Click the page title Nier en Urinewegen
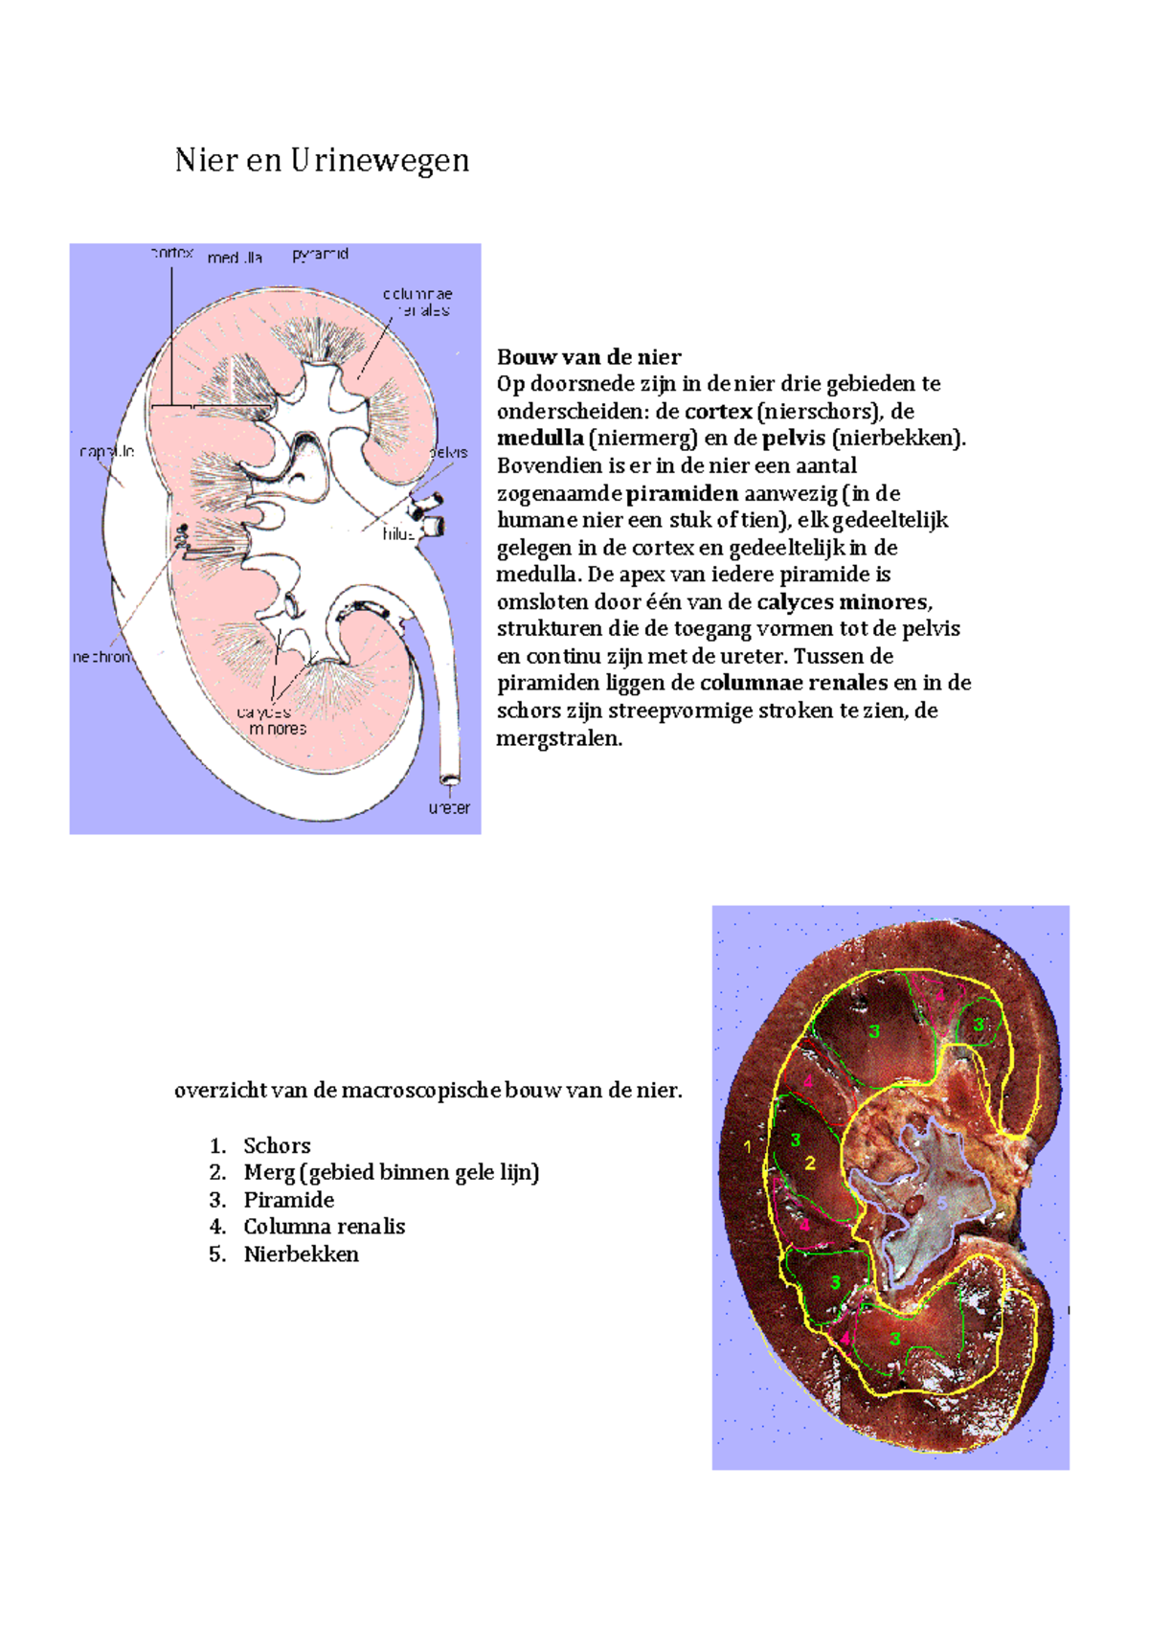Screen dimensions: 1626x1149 coord(322,160)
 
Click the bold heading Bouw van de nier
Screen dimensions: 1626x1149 coord(589,357)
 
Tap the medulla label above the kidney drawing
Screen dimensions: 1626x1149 coord(235,258)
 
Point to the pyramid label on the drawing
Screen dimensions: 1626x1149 coord(320,254)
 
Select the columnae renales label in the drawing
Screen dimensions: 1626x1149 coord(418,302)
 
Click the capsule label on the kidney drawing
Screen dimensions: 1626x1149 coord(106,451)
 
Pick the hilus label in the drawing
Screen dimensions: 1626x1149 coord(397,534)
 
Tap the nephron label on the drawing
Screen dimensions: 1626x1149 coord(101,657)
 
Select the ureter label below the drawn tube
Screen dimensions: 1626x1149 coord(449,807)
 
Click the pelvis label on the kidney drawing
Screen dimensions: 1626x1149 coord(448,452)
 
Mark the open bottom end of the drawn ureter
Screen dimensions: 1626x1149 coord(449,777)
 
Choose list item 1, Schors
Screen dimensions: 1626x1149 coord(277,1145)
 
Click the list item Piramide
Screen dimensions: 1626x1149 coord(288,1200)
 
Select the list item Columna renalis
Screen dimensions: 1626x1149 coord(324,1227)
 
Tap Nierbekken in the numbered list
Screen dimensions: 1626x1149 coord(301,1254)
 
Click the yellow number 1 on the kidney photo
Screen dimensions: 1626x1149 coord(748,1145)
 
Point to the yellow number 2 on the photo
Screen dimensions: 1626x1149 coord(810,1163)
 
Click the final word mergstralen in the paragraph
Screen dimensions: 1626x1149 coord(559,738)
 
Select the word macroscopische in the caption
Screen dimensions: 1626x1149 coord(420,1090)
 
